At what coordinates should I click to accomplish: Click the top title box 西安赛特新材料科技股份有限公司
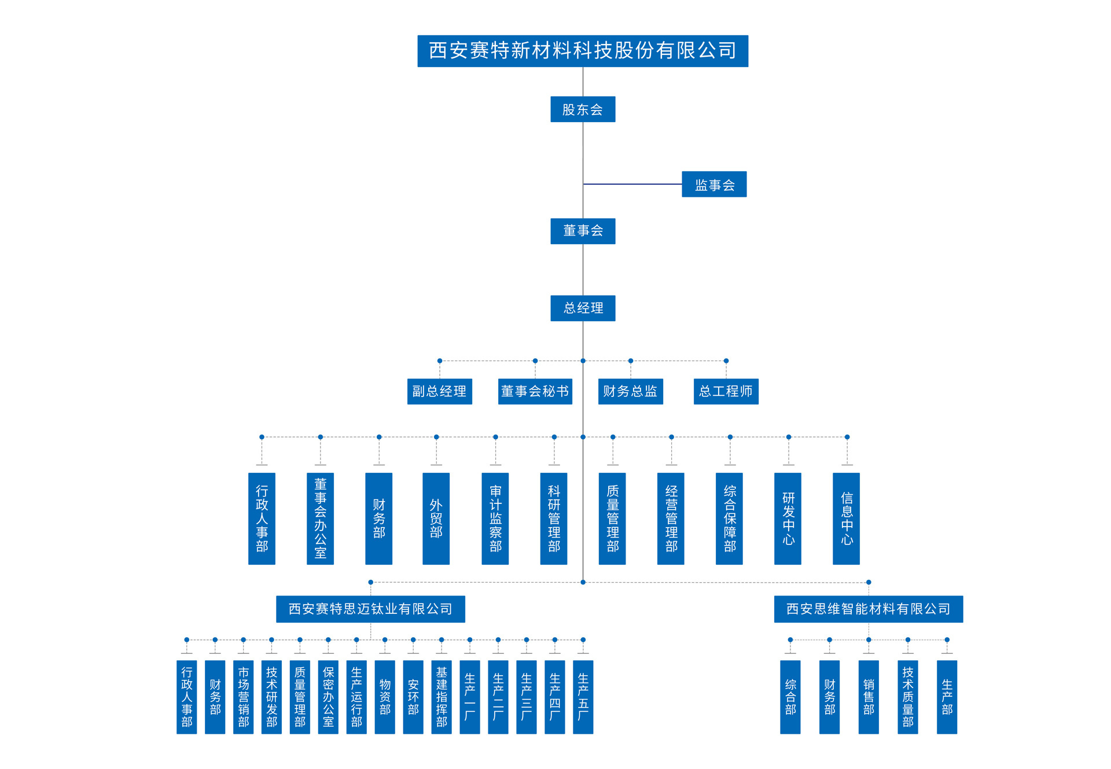582,51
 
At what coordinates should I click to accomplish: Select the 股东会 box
582,109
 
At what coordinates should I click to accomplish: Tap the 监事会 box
713,185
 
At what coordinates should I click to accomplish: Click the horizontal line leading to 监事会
632,184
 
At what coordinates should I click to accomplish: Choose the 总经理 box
582,308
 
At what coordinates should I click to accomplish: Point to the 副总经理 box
439,392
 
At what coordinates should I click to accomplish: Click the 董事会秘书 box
535,392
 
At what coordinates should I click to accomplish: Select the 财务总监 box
630,392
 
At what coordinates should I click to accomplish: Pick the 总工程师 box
726,392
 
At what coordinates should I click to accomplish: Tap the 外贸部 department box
436,518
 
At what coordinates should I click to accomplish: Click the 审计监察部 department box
495,518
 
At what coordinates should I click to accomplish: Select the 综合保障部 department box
729,518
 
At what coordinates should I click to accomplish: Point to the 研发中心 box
788,518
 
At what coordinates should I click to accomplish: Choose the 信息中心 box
846,518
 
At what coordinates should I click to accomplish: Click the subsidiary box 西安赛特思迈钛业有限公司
370,609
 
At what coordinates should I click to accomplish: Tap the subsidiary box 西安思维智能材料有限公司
868,609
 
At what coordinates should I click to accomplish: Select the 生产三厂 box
526,697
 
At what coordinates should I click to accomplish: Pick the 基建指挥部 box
441,697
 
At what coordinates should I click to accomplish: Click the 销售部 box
868,697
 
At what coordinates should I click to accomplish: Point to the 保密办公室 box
328,697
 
